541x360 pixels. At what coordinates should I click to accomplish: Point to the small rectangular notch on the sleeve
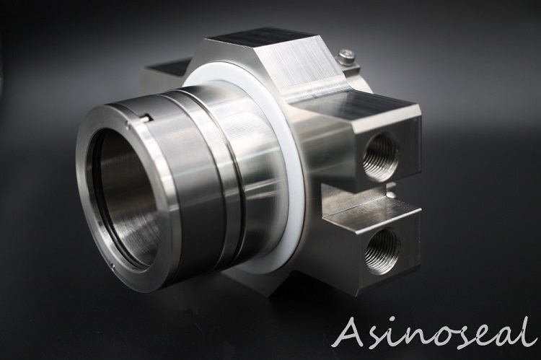145,118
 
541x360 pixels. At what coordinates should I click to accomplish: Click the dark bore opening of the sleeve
128,197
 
